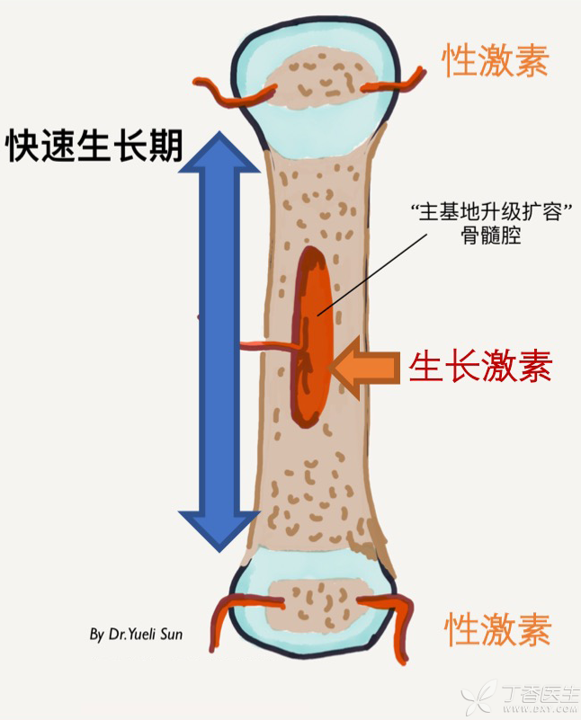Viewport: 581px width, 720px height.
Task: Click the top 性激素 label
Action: (x=496, y=60)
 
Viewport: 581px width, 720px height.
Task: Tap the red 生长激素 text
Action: (x=480, y=366)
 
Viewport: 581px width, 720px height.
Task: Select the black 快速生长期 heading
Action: (x=94, y=145)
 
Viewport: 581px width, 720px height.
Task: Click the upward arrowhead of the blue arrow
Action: (x=220, y=152)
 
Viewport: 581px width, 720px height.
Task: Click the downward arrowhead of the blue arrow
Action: (x=220, y=531)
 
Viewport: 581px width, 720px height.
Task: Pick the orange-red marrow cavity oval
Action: (x=312, y=336)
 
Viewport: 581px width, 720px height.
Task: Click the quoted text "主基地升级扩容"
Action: (x=491, y=212)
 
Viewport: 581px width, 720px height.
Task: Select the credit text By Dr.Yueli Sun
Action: (x=136, y=634)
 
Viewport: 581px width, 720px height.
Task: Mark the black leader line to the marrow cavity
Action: (x=372, y=273)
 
